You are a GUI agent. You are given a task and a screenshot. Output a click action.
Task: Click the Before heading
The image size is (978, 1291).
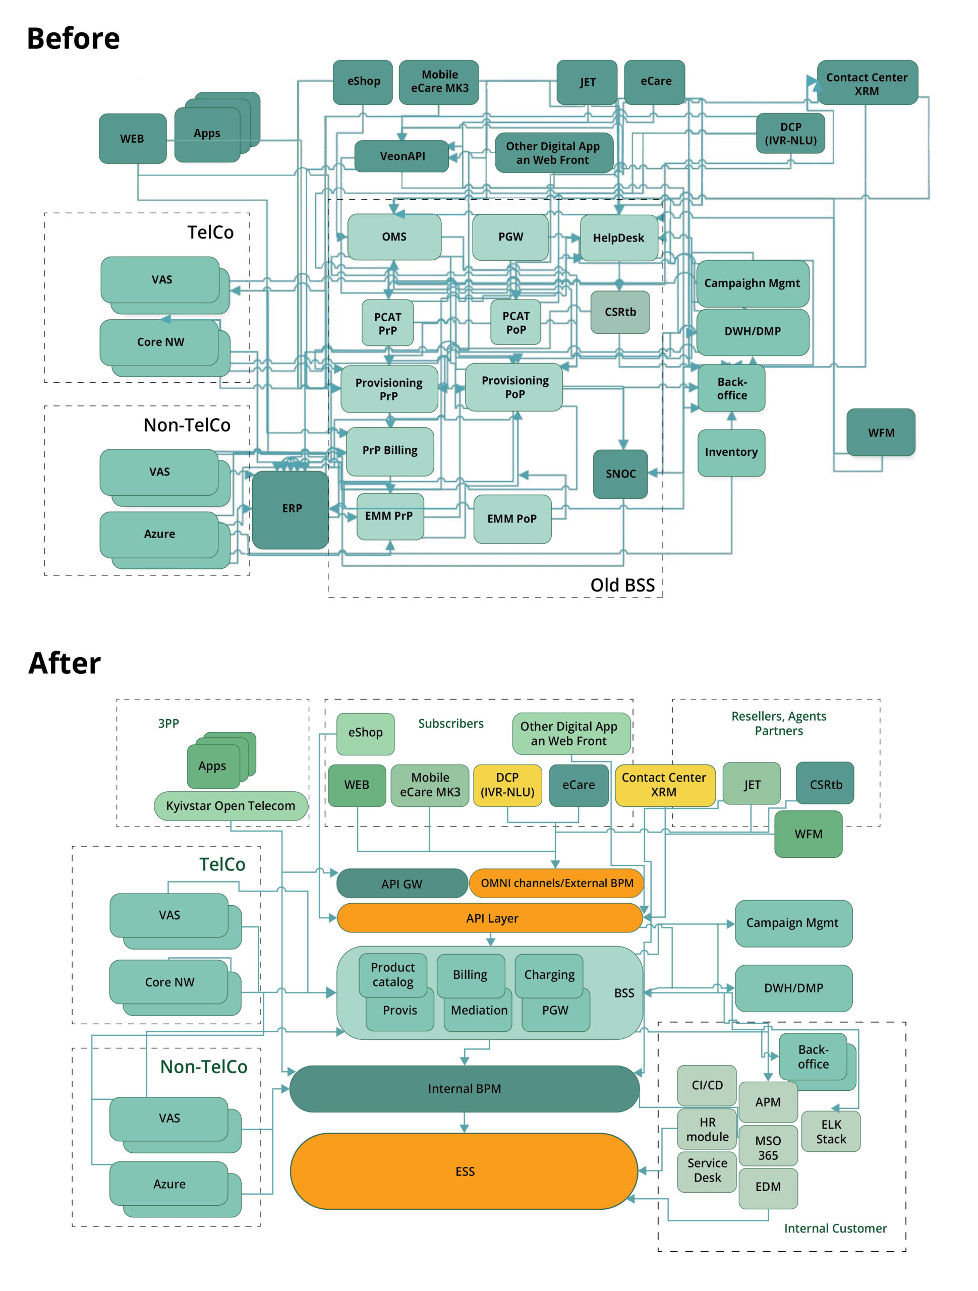73,38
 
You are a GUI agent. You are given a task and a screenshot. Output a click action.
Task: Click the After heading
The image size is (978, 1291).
64,663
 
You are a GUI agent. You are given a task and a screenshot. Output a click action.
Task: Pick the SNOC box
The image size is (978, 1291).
620,474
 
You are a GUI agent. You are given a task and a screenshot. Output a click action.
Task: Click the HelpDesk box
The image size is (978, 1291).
618,238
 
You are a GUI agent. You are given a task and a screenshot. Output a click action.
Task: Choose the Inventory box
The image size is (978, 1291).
731,452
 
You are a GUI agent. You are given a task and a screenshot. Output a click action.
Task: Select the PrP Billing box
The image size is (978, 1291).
389,450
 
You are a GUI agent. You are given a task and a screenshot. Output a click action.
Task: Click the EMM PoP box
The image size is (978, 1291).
511,519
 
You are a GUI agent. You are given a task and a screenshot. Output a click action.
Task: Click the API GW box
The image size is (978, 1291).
401,884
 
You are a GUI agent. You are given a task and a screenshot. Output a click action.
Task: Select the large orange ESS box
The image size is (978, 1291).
464,1171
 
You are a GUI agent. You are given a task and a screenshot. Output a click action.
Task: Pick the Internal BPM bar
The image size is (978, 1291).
464,1088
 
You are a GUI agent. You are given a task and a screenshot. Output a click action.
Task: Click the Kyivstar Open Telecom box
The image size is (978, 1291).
230,805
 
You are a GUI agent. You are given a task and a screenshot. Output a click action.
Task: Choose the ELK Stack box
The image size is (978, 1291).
830,1132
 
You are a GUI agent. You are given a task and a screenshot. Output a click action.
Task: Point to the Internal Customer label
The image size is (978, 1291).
835,1228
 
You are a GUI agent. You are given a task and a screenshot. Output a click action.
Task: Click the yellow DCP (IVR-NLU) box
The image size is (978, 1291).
507,785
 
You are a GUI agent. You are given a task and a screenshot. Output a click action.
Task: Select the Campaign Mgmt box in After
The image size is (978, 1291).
792,923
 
